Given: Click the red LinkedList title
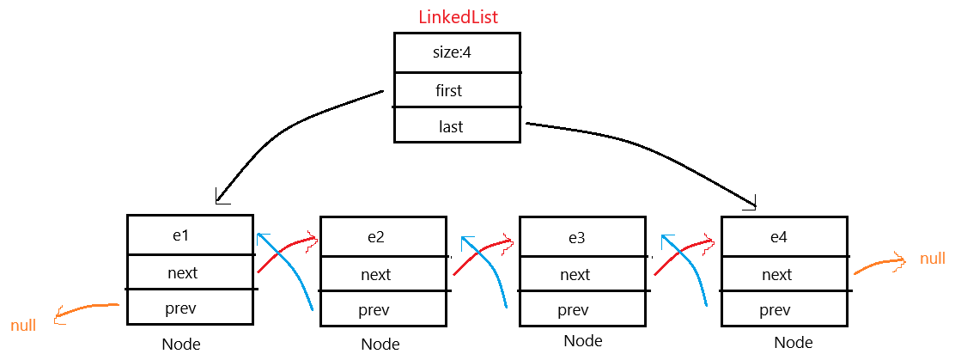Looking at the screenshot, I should click(458, 16).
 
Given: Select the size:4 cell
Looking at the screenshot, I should click(456, 52).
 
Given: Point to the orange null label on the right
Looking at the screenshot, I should click(933, 259).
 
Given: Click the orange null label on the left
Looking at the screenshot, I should click(23, 326).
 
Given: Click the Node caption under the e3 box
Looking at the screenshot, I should click(582, 341).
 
